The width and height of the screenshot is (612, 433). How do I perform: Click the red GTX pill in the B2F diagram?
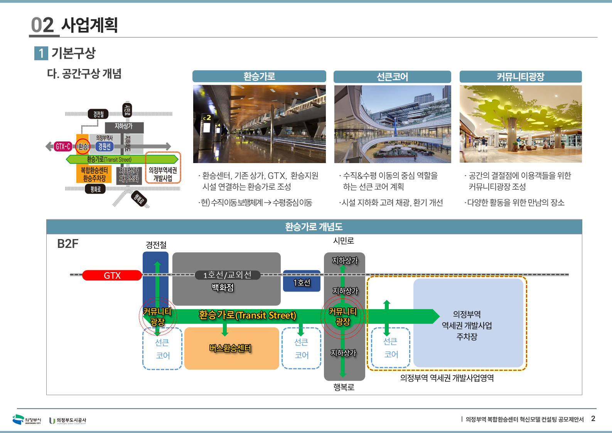tap(112, 275)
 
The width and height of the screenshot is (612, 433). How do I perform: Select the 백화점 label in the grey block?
tap(223, 287)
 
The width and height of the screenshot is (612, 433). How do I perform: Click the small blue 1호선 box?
tap(302, 283)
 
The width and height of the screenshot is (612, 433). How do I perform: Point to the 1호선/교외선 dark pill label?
tap(227, 275)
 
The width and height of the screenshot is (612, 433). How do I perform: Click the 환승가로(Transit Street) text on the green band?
tap(248, 315)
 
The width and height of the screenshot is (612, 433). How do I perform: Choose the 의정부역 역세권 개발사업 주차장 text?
tap(467, 325)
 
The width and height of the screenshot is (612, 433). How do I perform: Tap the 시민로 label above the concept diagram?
tap(343, 241)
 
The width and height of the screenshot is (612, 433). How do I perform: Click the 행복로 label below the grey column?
tap(344, 387)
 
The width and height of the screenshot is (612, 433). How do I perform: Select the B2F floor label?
tap(68, 244)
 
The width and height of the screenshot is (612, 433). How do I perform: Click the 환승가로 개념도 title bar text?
tap(314, 227)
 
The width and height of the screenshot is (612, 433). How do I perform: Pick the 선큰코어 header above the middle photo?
tap(392, 77)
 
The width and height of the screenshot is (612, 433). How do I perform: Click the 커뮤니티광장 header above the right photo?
tap(520, 77)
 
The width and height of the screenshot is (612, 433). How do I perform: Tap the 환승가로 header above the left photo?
tap(259, 76)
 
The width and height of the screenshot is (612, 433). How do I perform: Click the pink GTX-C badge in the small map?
tap(63, 147)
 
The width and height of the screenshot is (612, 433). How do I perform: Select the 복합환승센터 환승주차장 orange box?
tap(94, 174)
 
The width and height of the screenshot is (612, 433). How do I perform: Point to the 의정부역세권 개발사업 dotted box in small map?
tap(163, 174)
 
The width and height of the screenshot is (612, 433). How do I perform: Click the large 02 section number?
tap(42, 25)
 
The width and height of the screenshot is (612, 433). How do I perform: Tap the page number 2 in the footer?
tap(593, 419)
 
